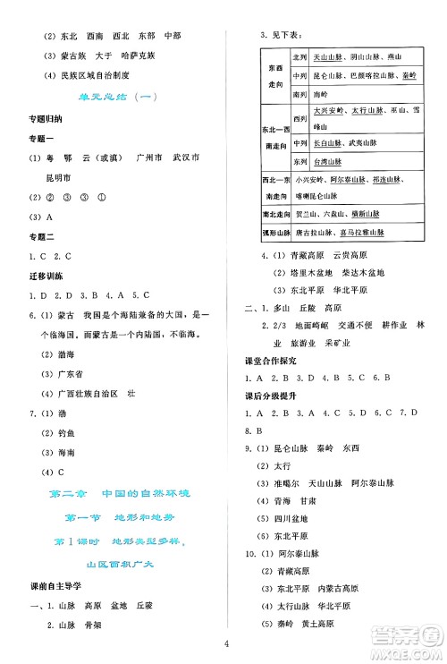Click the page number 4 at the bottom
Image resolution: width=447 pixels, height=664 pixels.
228,643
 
